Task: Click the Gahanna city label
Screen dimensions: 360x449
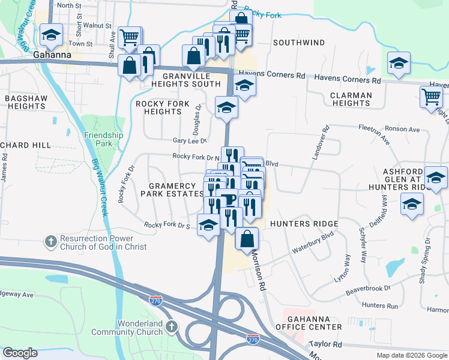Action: point(52,55)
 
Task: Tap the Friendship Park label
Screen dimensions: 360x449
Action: point(103,139)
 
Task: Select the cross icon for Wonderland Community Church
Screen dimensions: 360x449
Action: point(172,327)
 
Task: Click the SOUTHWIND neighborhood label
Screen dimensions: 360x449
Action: point(299,43)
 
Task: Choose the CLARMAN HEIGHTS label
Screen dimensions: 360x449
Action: point(351,99)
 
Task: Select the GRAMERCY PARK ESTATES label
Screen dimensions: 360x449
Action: point(173,190)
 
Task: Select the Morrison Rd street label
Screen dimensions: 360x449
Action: point(258,269)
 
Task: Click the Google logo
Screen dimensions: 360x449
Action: point(20,353)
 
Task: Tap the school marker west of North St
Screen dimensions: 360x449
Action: point(52,35)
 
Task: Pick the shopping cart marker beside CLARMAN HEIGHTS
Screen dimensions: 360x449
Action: point(432,96)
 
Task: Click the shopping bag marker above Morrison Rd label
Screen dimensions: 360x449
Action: point(247,238)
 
